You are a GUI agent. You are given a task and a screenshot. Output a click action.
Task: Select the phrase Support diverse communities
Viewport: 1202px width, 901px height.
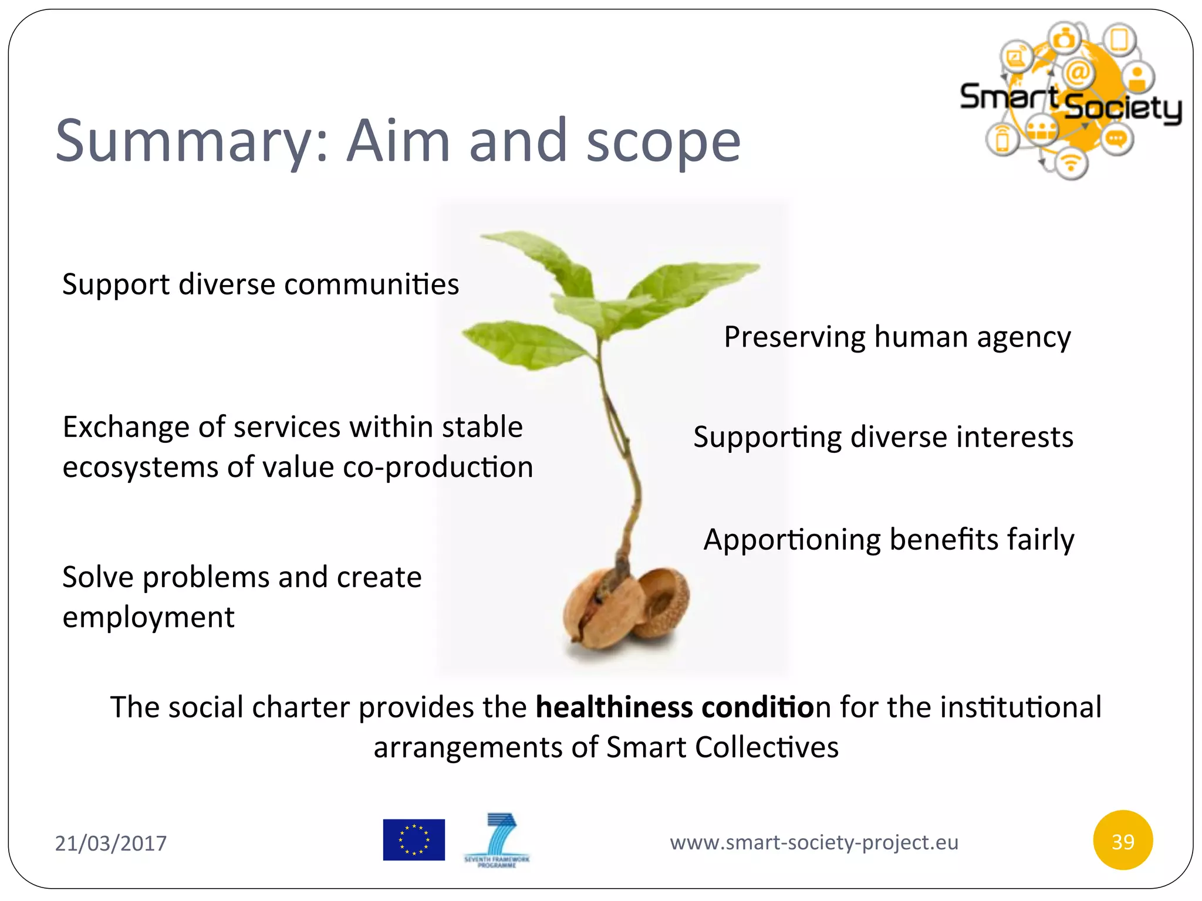[261, 284]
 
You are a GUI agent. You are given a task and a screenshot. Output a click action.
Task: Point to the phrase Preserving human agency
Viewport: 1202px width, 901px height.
[897, 337]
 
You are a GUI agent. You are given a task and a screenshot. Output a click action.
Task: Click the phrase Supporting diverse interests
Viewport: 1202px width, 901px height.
[883, 437]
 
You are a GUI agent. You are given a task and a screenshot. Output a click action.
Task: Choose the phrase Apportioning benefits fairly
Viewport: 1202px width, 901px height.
[889, 540]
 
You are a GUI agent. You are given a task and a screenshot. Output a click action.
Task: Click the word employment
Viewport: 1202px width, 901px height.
[148, 618]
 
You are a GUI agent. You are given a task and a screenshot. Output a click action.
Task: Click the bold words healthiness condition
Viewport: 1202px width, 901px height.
[675, 707]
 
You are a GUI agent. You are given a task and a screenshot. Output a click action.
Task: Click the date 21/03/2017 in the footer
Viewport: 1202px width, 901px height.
[111, 843]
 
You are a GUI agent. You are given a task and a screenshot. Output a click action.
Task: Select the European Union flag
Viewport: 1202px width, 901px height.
[414, 839]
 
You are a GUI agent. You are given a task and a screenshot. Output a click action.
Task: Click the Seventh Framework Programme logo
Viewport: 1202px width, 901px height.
[497, 839]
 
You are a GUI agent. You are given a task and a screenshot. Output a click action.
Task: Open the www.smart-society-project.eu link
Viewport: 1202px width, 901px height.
[814, 842]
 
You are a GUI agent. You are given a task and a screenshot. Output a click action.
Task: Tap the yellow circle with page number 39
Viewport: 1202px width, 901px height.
[1123, 842]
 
